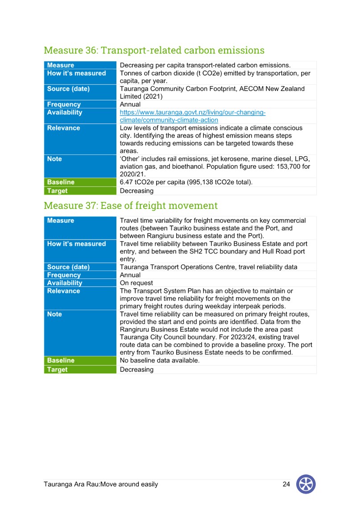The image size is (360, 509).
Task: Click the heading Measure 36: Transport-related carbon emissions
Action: coord(154,50)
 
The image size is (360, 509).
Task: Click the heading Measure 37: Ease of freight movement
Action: coord(131,205)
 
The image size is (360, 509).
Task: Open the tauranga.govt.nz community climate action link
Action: coord(193,116)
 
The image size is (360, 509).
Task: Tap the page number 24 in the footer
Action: coord(286,484)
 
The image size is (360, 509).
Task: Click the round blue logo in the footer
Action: coord(306,484)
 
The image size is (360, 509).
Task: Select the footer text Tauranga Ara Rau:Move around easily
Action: coord(101,484)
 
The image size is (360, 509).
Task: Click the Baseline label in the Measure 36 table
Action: coord(61,182)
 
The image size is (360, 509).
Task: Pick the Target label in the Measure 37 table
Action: coord(58,369)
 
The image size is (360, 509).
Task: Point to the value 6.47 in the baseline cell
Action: coord(126,182)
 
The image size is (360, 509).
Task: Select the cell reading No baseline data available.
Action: coord(160,360)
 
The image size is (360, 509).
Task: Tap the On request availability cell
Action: coord(136,283)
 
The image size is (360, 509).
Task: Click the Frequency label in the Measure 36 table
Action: coord(64,104)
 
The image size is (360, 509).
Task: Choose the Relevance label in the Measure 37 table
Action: coord(63,291)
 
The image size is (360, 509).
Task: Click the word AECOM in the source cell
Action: coord(251,88)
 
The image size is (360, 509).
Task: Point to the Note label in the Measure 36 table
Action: coord(54,159)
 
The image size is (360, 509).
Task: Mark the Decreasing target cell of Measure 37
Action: coord(137,369)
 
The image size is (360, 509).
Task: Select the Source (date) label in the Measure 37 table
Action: coord(68,267)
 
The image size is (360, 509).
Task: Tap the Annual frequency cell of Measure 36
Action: coord(130,104)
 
